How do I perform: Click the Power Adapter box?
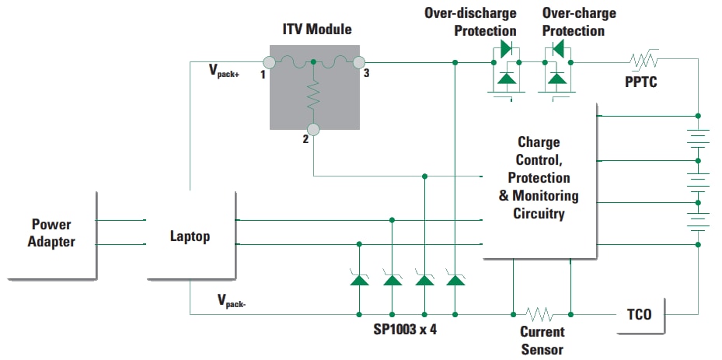(52, 233)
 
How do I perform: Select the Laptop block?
(190, 236)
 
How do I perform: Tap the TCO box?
(639, 314)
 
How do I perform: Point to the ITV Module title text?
(316, 30)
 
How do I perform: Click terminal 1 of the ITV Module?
(269, 61)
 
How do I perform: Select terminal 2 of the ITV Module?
(312, 129)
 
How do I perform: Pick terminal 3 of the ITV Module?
(358, 61)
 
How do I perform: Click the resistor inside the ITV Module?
(312, 95)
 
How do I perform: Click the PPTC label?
(640, 82)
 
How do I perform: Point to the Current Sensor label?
(542, 341)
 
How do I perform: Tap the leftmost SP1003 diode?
(359, 279)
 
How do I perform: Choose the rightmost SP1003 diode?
(455, 279)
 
